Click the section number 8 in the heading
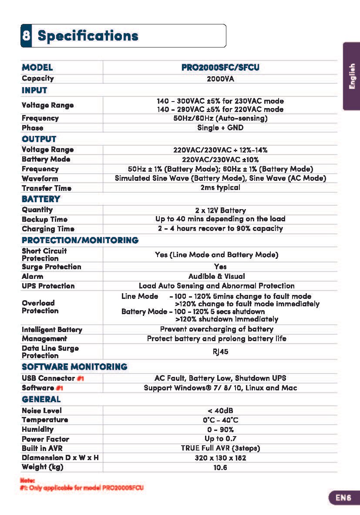(x=26, y=36)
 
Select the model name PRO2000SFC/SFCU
(x=220, y=68)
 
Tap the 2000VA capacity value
(x=220, y=79)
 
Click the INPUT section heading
(x=34, y=90)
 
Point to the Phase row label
(x=33, y=128)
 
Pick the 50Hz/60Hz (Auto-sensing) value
(x=220, y=118)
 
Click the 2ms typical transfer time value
(x=220, y=187)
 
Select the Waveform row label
(x=40, y=178)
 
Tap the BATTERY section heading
(x=41, y=199)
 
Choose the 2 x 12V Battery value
(x=220, y=210)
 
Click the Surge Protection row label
(x=51, y=267)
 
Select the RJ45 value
(x=220, y=352)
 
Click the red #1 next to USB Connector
(x=80, y=378)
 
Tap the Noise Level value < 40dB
(x=220, y=410)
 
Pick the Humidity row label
(x=38, y=429)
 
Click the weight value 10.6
(x=220, y=468)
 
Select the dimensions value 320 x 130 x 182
(x=220, y=458)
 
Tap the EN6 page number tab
(x=343, y=498)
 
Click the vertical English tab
(x=352, y=76)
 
